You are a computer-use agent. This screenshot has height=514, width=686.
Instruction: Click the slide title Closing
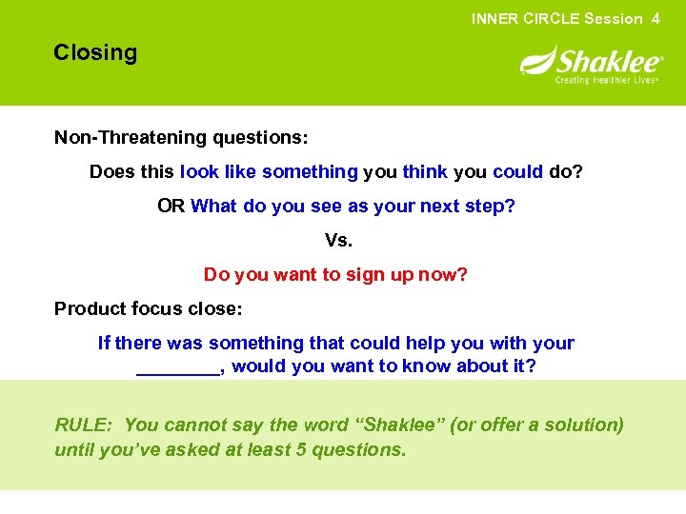[95, 53]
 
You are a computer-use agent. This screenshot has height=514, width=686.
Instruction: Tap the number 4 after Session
[656, 18]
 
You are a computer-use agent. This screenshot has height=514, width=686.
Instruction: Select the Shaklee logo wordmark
[609, 63]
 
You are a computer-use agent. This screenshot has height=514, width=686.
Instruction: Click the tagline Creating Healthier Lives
[608, 80]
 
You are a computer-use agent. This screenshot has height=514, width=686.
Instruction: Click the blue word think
[425, 172]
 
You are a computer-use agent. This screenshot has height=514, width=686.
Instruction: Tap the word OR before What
[171, 207]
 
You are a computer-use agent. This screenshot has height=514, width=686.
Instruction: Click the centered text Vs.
[337, 241]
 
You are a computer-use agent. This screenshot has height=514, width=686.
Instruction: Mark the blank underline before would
[178, 367]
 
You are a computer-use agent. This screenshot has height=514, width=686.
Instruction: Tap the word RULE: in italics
[85, 425]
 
